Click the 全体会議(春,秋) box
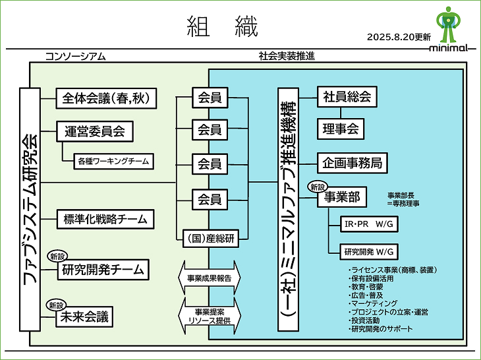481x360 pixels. (x=106, y=98)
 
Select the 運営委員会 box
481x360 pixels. (x=94, y=131)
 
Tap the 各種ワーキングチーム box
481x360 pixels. (x=113, y=161)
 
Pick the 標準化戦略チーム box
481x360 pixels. (x=105, y=218)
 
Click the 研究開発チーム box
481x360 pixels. (x=102, y=269)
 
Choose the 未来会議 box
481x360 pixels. (x=83, y=317)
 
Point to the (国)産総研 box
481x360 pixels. (x=210, y=236)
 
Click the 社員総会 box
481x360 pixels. (x=347, y=98)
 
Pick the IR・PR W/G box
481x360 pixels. (x=368, y=224)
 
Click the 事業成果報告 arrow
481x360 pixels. (x=209, y=279)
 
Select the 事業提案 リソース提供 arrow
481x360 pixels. (x=209, y=315)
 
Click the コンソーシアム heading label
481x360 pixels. (x=75, y=56)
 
